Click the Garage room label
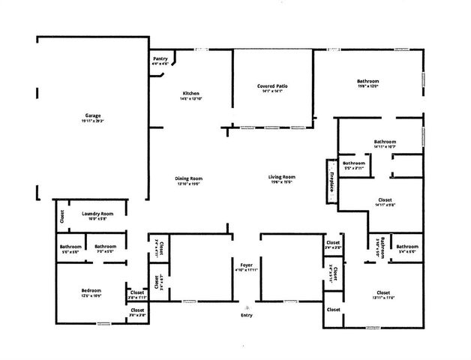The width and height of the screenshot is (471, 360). tap(93, 115)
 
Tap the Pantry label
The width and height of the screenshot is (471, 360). tap(160, 59)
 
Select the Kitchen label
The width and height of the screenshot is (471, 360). tap(190, 93)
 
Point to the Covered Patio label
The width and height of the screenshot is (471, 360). tap(272, 86)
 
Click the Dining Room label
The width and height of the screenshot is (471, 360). tap(190, 178)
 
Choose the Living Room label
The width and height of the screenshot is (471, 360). tap(282, 177)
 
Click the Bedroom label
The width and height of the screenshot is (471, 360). tap(91, 290)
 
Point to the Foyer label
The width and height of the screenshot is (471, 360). tap(247, 265)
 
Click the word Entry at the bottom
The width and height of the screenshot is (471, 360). tap(247, 315)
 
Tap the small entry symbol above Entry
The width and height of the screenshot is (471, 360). tap(247, 307)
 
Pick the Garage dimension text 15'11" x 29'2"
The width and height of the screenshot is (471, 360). tap(93, 121)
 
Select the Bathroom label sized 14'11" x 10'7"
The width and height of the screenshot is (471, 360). tap(385, 142)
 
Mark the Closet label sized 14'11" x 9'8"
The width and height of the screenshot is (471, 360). tap(385, 200)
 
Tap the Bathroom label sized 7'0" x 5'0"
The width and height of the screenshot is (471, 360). tap(105, 246)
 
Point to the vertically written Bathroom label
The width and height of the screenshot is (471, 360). tap(382, 247)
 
